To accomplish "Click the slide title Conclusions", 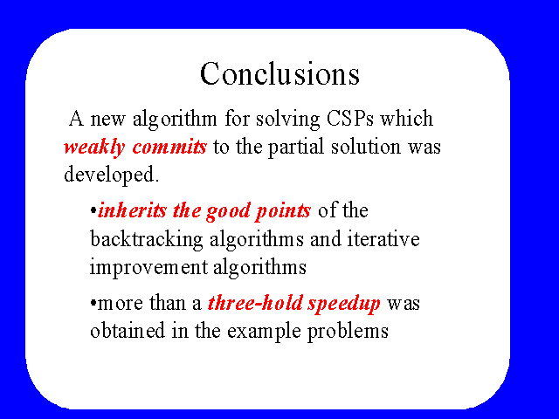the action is pos(279,73).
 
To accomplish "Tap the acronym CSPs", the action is pos(349,119).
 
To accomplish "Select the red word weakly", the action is pos(94,148).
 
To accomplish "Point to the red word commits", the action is pos(169,147).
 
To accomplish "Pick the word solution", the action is pos(366,147).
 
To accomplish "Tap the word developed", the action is pos(111,175).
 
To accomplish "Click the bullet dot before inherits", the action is pos(93,210).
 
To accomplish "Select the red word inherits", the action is pos(132,210).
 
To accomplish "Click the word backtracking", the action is pos(147,240).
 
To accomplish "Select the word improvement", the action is pos(148,268).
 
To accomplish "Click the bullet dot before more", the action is pos(93,303).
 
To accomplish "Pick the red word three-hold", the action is pos(255,303).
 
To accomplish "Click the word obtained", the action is pos(128,331).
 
